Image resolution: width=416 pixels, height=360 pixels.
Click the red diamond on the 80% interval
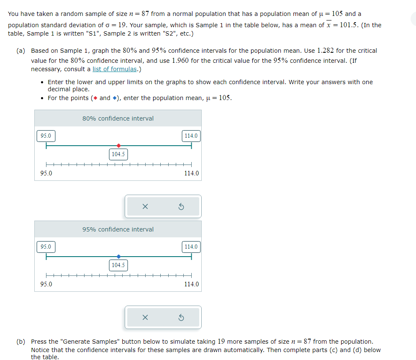119,146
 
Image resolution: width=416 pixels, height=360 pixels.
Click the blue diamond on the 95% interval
119,257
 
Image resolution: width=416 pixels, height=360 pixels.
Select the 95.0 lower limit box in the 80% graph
46,136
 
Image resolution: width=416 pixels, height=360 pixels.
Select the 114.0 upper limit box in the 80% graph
191,136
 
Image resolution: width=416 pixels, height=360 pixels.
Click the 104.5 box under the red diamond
118,154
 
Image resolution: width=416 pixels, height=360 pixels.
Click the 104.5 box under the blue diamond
118,265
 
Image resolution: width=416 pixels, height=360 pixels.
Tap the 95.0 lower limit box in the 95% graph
46,247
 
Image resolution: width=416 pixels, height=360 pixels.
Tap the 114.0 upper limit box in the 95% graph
191,247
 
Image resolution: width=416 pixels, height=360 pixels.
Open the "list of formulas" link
114,69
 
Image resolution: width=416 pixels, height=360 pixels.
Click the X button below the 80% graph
145,206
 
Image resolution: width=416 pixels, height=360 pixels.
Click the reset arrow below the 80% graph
181,206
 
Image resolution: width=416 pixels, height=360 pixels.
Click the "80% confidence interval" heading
118,118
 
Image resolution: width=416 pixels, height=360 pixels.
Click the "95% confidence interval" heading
118,229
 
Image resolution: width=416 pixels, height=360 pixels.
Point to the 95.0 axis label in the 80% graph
46,173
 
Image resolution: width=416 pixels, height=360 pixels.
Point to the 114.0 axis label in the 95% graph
192,284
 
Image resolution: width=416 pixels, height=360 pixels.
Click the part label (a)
21,51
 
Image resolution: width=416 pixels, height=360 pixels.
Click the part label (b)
21,342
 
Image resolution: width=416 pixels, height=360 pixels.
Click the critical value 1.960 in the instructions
180,60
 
